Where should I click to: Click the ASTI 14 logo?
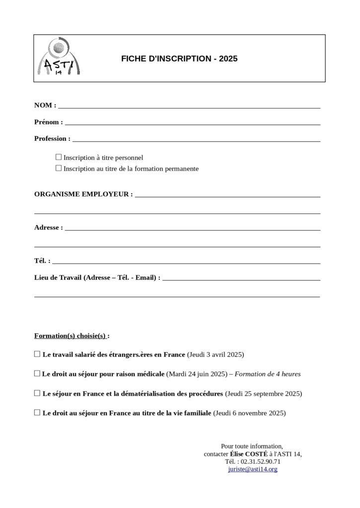pyautogui.click(x=59, y=58)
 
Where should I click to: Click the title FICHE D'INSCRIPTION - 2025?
pyautogui.click(x=179, y=59)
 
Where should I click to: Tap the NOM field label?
pyautogui.click(x=45, y=105)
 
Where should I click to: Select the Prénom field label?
pyautogui.click(x=48, y=122)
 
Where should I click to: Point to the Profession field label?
pyautogui.click(x=52, y=139)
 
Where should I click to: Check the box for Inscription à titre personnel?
pyautogui.click(x=59, y=157)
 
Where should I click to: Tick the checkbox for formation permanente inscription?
pyautogui.click(x=59, y=169)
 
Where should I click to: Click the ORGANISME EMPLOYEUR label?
pyautogui.click(x=83, y=194)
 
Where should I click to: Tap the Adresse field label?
pyautogui.click(x=48, y=228)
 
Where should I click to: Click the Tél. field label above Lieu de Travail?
pyautogui.click(x=42, y=261)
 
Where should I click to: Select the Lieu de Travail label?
pyautogui.click(x=97, y=278)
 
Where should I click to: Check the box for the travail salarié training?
pyautogui.click(x=37, y=355)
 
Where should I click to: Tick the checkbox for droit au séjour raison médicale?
pyautogui.click(x=37, y=374)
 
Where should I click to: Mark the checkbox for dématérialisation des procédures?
pyautogui.click(x=37, y=393)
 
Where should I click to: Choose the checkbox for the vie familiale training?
pyautogui.click(x=37, y=412)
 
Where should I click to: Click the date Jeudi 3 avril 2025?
pyautogui.click(x=216, y=355)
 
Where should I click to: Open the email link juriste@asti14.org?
pyautogui.click(x=253, y=469)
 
